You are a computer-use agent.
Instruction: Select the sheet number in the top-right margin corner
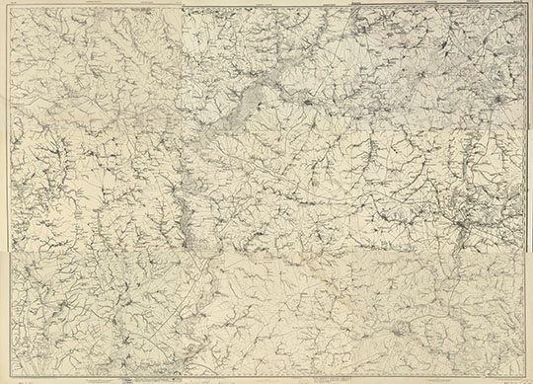[517, 4]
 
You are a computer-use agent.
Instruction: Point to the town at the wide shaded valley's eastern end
[308, 100]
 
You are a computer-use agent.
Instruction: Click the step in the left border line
[8, 249]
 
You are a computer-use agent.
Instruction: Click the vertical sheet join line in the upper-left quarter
[182, 59]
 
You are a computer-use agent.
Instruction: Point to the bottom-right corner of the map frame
[526, 376]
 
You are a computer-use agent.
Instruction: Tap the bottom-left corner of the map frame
[8, 376]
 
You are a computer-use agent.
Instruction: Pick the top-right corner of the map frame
[525, 8]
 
